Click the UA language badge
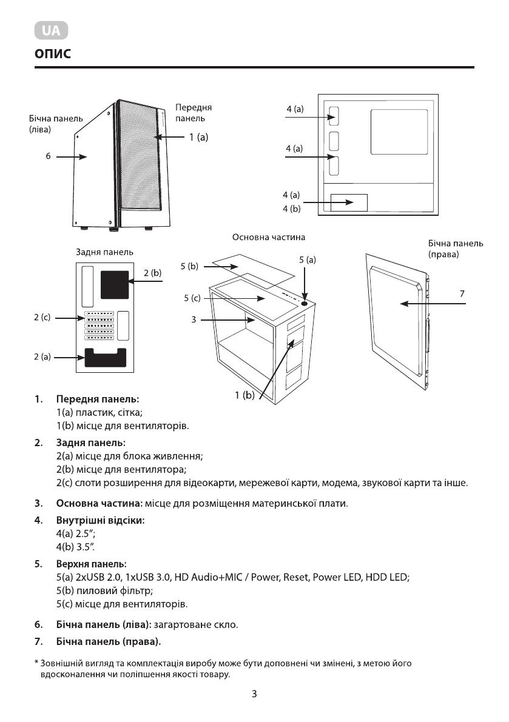[51, 31]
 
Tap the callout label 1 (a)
[198, 138]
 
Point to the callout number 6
[47, 156]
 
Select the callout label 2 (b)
[153, 274]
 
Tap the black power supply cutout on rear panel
[106, 358]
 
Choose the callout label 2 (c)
[42, 318]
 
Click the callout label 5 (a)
[308, 259]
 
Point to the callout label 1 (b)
[245, 396]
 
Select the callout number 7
[462, 293]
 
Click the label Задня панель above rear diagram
[104, 252]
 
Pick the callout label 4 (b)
[291, 209]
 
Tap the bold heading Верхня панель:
[91, 564]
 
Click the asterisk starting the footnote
[36, 663]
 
